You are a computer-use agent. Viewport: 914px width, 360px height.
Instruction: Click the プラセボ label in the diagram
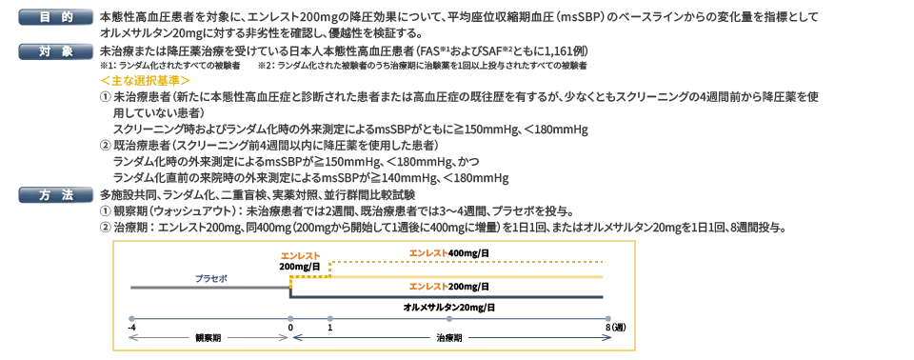[x=211, y=278]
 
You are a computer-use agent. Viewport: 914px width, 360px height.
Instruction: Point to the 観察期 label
[x=209, y=337]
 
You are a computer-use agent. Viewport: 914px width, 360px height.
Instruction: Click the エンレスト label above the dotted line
[x=428, y=252]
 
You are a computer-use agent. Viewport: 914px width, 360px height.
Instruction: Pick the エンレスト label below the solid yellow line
[x=428, y=286]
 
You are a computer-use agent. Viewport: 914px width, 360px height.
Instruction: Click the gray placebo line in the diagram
[x=209, y=287]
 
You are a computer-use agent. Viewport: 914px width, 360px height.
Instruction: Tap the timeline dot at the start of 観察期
[x=131, y=318]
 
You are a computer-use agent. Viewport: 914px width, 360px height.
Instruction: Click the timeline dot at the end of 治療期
[x=607, y=318]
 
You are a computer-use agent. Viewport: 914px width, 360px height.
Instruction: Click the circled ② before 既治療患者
[x=105, y=147]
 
